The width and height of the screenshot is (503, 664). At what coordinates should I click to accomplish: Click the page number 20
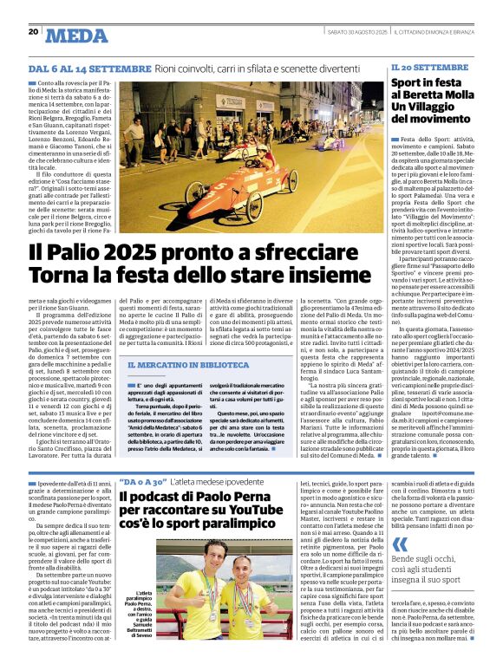[x=34, y=32]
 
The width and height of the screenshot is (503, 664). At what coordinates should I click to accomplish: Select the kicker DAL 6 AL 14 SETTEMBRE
[x=91, y=68]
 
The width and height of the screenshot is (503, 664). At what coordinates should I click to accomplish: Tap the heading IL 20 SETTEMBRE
[x=428, y=67]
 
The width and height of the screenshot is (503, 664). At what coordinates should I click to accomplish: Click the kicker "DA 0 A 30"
[x=143, y=480]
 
